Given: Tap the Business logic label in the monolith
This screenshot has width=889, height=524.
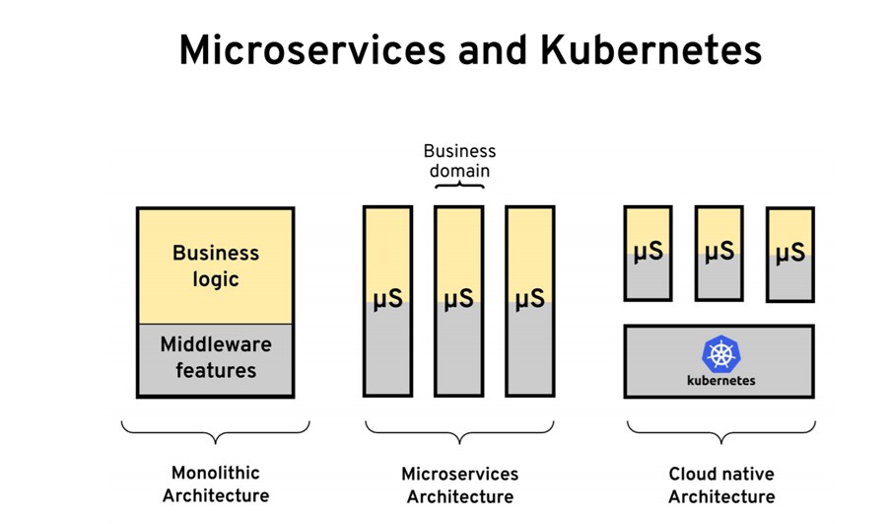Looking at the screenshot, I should (216, 265).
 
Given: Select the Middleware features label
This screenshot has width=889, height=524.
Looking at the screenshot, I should (216, 357).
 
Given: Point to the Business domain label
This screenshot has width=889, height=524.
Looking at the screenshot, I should (459, 161).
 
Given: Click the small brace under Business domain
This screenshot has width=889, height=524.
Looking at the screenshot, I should (459, 185).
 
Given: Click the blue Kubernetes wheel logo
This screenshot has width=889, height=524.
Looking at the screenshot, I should (720, 354).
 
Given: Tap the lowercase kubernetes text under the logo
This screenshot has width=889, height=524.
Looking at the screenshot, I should (720, 380).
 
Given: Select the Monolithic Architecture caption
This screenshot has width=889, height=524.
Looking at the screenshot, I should (215, 484).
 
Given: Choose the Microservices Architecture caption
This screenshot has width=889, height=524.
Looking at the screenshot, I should (459, 486).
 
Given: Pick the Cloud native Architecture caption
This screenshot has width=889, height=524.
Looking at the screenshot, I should (721, 486).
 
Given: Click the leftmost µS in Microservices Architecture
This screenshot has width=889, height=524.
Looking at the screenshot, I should (388, 298).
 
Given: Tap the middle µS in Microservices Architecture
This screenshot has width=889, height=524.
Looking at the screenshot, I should (459, 298).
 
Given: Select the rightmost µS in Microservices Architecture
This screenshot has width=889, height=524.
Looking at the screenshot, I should (530, 298).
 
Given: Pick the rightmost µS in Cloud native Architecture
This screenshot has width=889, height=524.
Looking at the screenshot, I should (790, 253).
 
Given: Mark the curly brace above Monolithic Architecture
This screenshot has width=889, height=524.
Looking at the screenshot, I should (215, 431).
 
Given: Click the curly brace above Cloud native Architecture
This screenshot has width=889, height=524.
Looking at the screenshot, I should (721, 431).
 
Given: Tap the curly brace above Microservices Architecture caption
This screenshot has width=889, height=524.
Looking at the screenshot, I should (459, 431).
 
